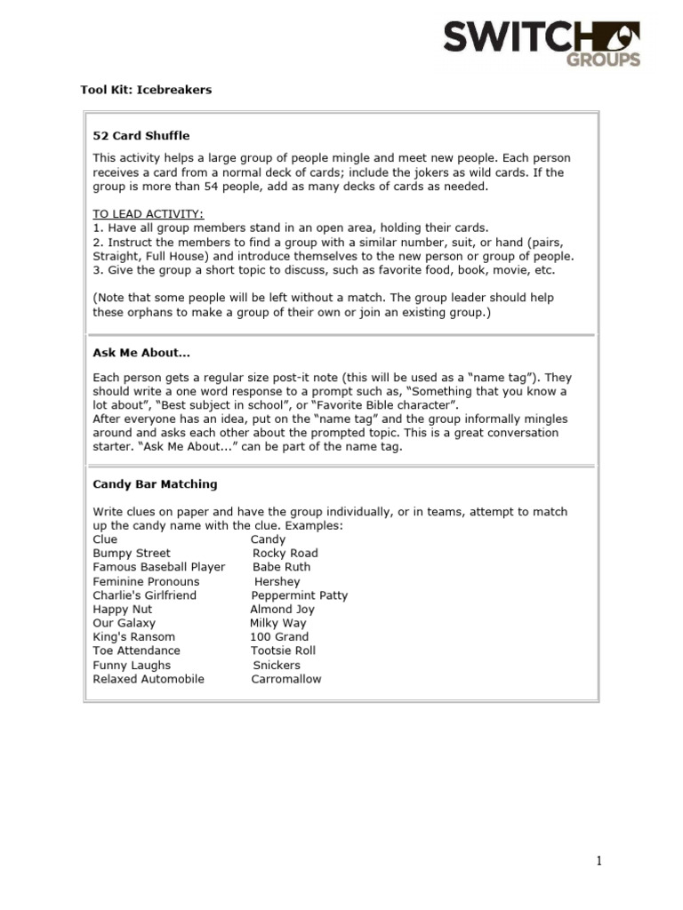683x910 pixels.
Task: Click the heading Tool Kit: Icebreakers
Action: coord(141,90)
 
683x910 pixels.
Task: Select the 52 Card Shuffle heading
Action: coord(141,136)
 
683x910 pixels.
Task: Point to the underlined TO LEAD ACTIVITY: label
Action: coord(149,214)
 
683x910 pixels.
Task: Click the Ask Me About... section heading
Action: coord(141,353)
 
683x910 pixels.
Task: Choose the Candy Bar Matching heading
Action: coord(155,484)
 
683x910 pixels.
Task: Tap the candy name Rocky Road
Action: coord(285,553)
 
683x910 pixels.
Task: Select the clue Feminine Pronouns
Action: coord(146,581)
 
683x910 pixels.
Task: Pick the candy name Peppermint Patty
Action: coord(300,595)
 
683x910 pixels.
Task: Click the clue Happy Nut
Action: coord(123,610)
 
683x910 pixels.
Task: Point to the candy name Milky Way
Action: coord(278,623)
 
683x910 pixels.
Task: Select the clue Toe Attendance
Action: coord(136,651)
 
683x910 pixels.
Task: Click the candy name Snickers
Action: coord(277,665)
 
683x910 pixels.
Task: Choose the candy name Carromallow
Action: coord(286,679)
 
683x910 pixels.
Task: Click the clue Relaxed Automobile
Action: coord(149,679)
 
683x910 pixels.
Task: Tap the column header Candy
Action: coord(268,539)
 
